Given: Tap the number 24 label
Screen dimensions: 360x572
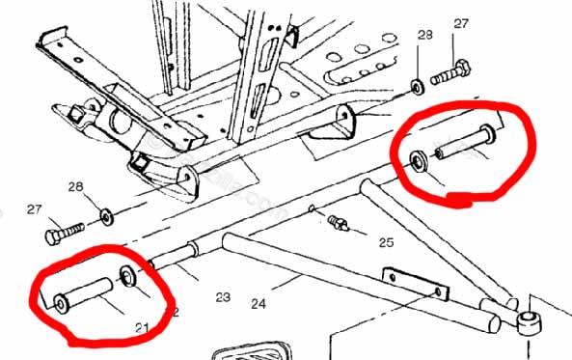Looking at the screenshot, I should click(258, 304).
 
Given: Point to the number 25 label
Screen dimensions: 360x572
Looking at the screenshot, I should click(387, 241).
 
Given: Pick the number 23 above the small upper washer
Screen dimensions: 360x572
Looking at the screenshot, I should click(425, 36).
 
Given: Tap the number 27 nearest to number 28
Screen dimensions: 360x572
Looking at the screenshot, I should click(34, 209).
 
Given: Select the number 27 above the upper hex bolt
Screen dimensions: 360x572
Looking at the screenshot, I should click(460, 23).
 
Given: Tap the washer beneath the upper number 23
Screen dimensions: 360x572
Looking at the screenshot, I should click(417, 85).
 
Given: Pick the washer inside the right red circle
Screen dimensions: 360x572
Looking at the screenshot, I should click(420, 160).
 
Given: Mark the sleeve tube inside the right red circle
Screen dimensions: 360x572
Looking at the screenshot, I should click(464, 141).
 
